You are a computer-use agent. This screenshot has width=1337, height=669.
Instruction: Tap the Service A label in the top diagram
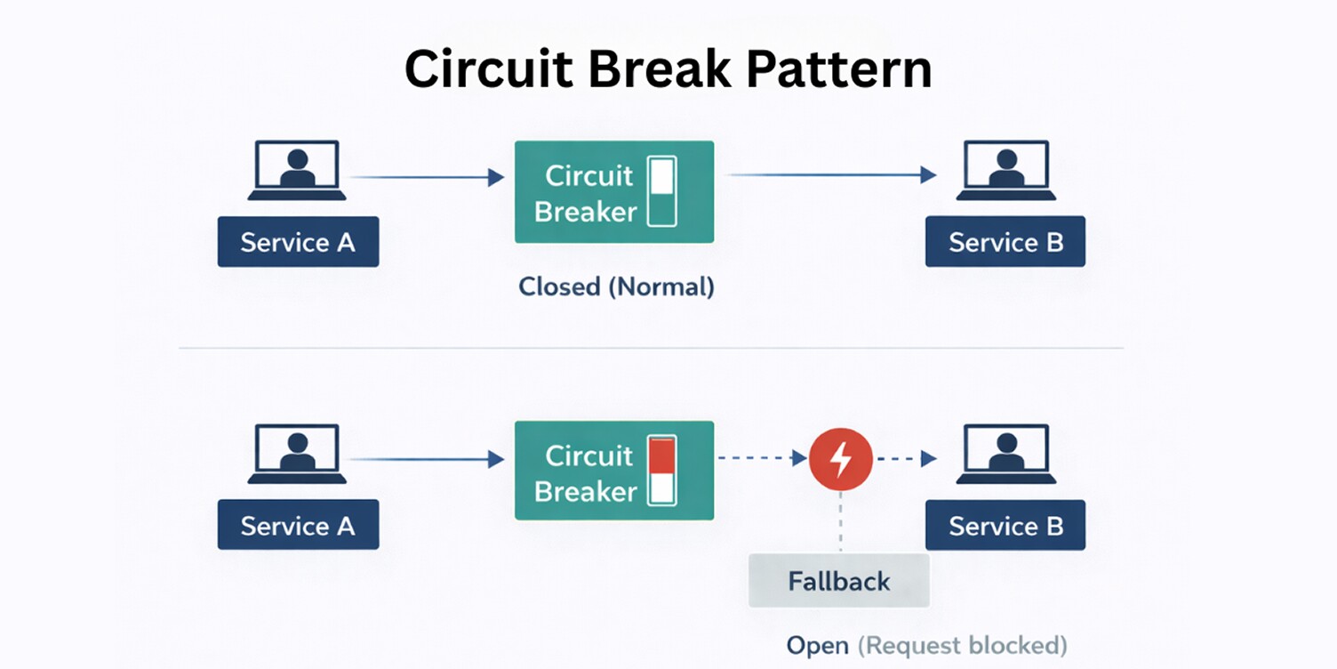tap(298, 242)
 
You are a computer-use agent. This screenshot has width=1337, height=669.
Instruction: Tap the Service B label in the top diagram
tap(1005, 242)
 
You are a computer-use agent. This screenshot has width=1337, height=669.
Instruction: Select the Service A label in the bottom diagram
tap(298, 525)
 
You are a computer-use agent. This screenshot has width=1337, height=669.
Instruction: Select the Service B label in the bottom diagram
tap(1005, 525)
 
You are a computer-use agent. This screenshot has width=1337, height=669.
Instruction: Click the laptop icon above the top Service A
tap(297, 170)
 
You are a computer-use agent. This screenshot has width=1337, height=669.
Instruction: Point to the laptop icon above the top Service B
tap(1005, 170)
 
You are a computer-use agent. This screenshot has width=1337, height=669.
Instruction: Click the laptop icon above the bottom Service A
tap(297, 454)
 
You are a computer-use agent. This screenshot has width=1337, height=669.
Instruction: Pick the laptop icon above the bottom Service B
tap(1005, 454)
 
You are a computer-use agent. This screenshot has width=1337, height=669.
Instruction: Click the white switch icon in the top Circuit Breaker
tap(662, 191)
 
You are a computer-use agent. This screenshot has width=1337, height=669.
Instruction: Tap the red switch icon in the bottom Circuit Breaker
tap(662, 471)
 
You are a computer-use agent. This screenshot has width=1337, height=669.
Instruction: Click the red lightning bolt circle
tap(840, 459)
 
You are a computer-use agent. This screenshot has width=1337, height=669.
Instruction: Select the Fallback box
tap(838, 581)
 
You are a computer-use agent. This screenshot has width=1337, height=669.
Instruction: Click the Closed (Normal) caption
tap(616, 287)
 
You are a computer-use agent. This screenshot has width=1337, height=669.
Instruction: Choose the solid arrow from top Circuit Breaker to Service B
tap(831, 175)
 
